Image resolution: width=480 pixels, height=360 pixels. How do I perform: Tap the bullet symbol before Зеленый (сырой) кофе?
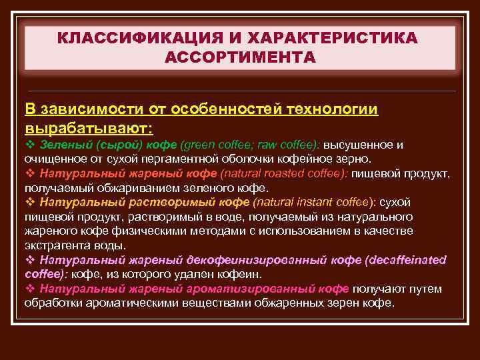pyautogui.click(x=29, y=145)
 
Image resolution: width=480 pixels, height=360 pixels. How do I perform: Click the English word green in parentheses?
pyautogui.click(x=197, y=145)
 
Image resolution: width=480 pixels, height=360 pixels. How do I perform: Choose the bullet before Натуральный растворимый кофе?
pyautogui.click(x=29, y=202)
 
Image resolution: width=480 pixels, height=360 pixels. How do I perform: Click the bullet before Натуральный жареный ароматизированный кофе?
pyautogui.click(x=29, y=288)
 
